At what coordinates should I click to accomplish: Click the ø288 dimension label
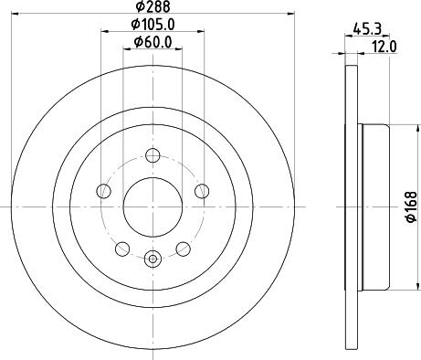click(x=153, y=6)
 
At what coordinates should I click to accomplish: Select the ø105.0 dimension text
click(x=153, y=25)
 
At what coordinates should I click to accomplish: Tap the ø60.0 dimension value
click(x=153, y=42)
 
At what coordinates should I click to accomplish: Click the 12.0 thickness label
click(x=384, y=47)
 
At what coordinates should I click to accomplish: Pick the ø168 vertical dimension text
click(x=411, y=207)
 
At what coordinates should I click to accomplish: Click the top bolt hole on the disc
click(x=153, y=155)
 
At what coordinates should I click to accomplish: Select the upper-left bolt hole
click(x=103, y=191)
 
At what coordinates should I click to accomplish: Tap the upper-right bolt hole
click(x=202, y=191)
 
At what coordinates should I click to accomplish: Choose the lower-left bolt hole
click(x=122, y=249)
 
